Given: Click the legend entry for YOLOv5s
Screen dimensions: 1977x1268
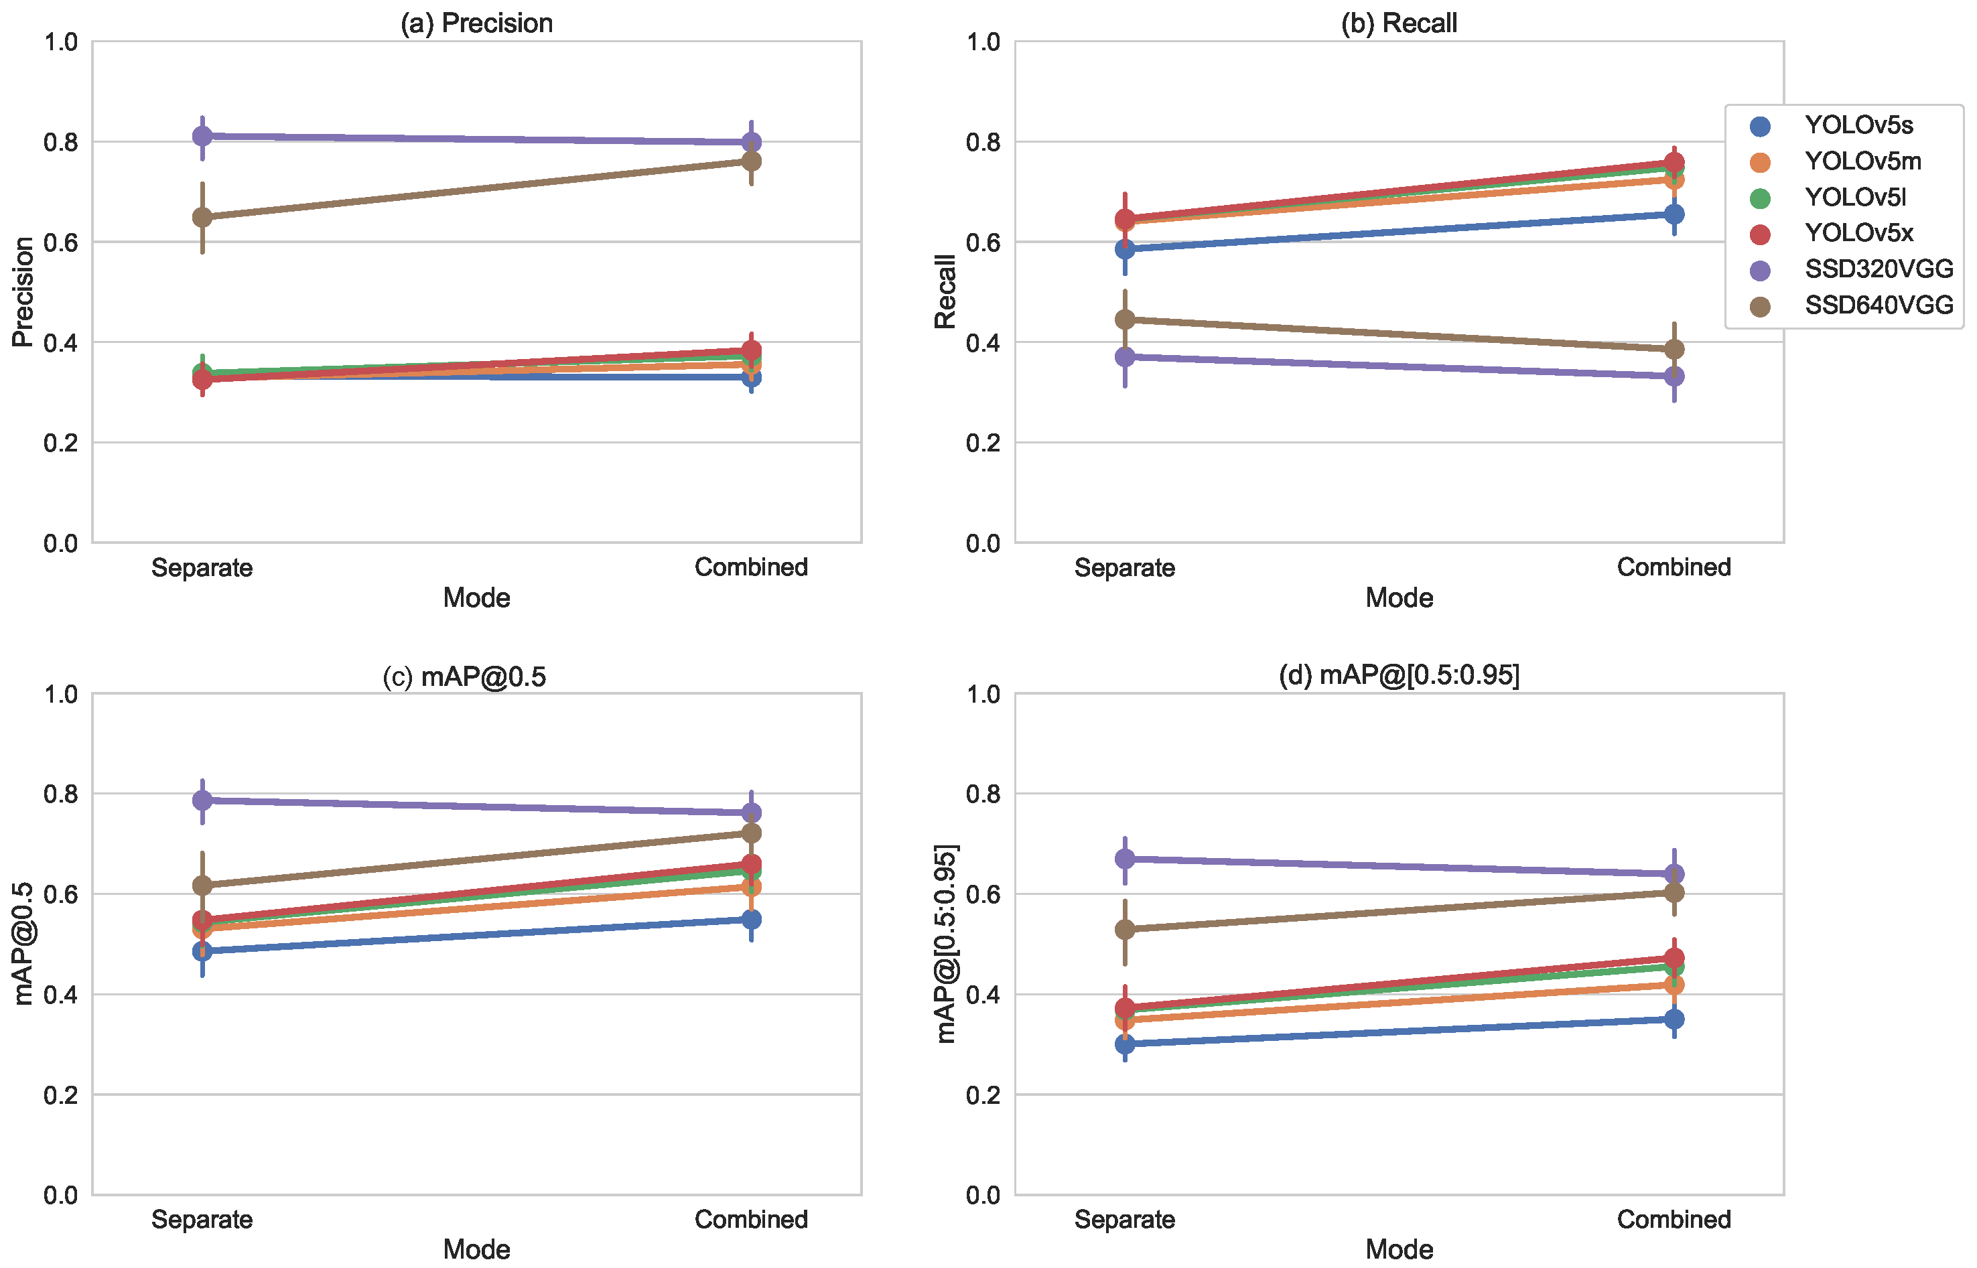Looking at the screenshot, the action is click(1842, 125).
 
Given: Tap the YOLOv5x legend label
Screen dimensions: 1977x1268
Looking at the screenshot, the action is click(1858, 233).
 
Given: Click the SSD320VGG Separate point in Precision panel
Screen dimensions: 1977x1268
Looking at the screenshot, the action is click(202, 136).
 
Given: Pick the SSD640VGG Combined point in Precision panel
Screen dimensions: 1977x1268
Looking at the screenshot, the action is click(751, 161).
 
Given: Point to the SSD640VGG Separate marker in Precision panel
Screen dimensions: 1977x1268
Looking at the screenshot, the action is click(202, 218).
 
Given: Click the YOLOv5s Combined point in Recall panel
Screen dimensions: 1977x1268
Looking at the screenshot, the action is click(1674, 214).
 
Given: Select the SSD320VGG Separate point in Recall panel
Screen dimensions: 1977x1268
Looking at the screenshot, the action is click(1125, 356).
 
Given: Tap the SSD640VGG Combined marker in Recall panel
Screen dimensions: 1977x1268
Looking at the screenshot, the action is click(1674, 349).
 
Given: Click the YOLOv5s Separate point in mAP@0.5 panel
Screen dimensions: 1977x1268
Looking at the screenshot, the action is click(202, 951).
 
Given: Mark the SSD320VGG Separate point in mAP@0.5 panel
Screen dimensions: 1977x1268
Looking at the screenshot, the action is click(202, 800).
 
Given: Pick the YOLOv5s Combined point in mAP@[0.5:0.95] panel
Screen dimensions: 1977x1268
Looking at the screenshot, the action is click(1674, 1019).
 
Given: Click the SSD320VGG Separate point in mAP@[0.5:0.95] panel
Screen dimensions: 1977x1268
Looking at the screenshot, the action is click(1125, 859).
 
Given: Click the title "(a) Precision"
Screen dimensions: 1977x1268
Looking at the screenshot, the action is click(477, 23).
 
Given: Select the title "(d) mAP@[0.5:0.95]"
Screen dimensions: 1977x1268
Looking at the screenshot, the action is click(1399, 675).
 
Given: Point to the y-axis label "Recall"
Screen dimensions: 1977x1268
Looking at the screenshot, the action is click(945, 291).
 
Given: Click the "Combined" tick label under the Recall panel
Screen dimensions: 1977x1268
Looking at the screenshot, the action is click(1674, 567).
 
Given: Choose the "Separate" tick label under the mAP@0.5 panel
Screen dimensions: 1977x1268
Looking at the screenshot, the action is click(202, 1219).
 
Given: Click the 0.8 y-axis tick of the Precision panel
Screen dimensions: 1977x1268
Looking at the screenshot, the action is click(61, 143).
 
